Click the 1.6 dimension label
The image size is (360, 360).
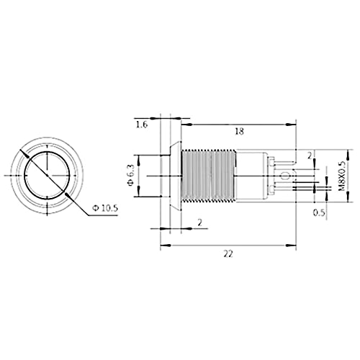tap(142, 125)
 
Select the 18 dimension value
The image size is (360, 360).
tap(239, 131)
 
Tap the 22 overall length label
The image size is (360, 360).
tap(228, 253)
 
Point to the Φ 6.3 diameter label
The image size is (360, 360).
tap(130, 176)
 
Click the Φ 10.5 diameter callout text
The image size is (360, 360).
tap(105, 208)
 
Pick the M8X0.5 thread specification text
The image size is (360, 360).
tap(342, 176)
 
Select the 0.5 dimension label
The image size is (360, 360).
tap(319, 212)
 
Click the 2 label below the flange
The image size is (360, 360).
tap(200, 223)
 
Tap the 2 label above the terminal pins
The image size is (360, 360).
tap(310, 156)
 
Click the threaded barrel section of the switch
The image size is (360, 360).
tap(208, 176)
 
